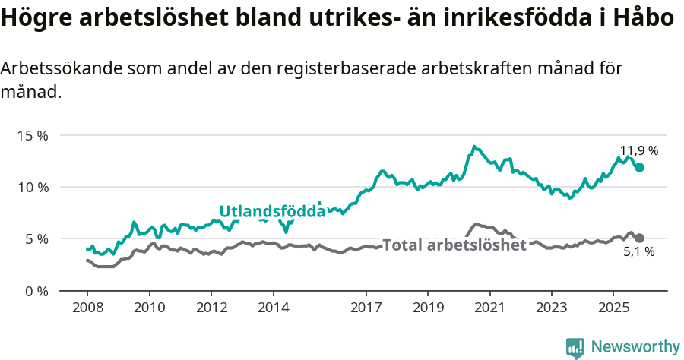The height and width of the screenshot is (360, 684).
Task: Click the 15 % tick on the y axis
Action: [33, 135]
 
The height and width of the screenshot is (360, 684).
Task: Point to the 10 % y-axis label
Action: [33, 187]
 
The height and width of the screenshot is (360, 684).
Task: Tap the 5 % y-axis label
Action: [36, 238]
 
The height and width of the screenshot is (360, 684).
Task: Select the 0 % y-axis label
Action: [36, 291]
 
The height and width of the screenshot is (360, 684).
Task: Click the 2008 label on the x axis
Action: [87, 310]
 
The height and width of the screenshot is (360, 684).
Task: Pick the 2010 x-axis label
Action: [149, 310]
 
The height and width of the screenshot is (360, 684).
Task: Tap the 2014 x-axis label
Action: [273, 310]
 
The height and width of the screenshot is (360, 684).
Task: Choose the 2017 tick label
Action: [366, 310]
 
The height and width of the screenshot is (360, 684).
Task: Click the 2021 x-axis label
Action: [489, 310]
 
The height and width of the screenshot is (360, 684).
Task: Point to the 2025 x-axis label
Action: [613, 310]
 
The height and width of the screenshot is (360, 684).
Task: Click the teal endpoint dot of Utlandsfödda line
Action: [640, 167]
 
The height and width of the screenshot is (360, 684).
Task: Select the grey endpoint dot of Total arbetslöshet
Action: [640, 238]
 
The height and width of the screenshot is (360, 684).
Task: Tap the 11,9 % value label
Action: [639, 150]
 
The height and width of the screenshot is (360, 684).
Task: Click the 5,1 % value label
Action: [638, 252]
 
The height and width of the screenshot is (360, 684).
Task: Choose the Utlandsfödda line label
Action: [272, 211]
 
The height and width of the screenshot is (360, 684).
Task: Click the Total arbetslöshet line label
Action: [454, 245]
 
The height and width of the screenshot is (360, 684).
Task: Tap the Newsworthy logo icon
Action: [575, 347]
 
